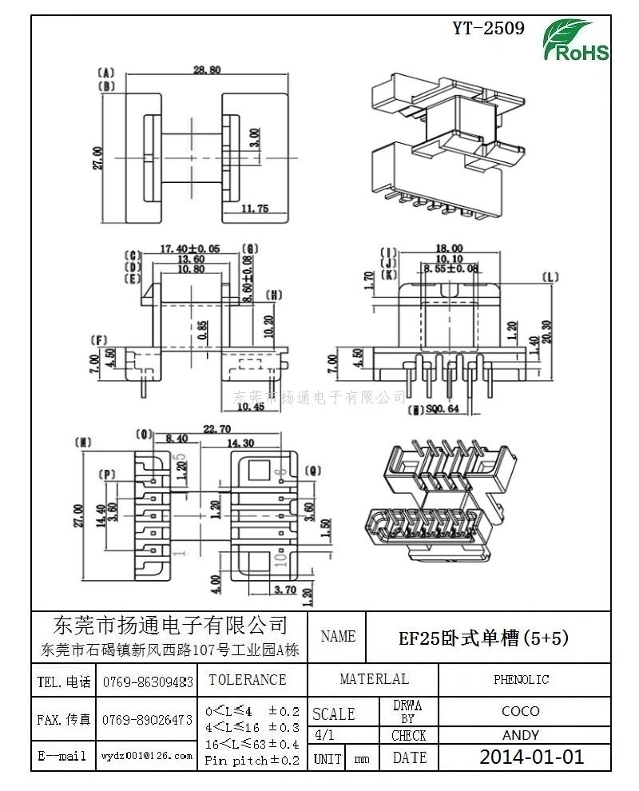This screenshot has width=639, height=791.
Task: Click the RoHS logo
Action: pyautogui.click(x=576, y=41)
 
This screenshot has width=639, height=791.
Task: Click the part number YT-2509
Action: pyautogui.click(x=488, y=29)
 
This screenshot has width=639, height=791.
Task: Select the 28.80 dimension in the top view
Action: pyautogui.click(x=208, y=70)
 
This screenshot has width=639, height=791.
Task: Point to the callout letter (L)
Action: pyautogui.click(x=550, y=278)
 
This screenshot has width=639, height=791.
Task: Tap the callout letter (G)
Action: pyautogui.click(x=250, y=249)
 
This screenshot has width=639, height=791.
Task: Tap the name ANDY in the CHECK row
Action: pyautogui.click(x=521, y=735)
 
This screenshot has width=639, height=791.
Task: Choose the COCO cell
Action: pyautogui.click(x=521, y=710)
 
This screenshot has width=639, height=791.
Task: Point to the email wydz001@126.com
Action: pyautogui.click(x=146, y=755)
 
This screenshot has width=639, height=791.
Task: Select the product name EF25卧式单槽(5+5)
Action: pyautogui.click(x=483, y=638)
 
